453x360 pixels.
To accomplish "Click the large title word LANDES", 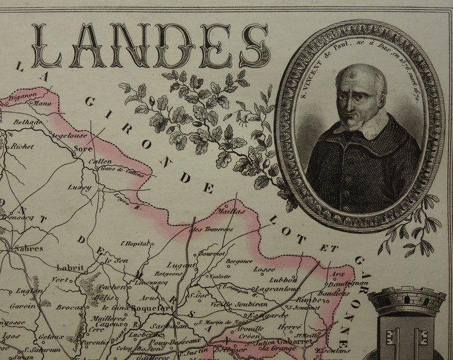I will (150, 45).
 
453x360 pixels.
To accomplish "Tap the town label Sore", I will (83, 149).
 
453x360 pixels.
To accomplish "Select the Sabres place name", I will (29, 248).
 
